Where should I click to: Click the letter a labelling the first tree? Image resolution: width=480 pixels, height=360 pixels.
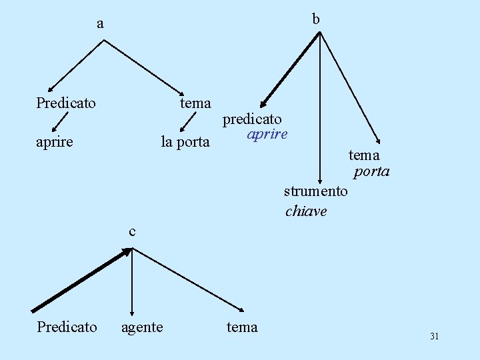(100, 25)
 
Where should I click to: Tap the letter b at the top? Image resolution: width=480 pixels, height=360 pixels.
(316, 19)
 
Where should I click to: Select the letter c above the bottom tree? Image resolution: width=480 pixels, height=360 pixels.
(132, 231)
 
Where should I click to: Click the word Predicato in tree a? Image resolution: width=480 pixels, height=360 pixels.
(66, 103)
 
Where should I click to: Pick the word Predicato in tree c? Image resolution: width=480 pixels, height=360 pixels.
(67, 327)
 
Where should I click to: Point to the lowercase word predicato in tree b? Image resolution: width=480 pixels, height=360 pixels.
(252, 119)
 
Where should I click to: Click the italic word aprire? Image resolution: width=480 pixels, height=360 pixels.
(267, 134)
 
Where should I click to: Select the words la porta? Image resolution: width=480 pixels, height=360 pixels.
(185, 142)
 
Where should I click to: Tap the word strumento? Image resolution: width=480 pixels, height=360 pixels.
(315, 191)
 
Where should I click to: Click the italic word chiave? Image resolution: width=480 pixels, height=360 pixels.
(306, 211)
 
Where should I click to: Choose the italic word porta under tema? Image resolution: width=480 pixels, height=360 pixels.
(371, 171)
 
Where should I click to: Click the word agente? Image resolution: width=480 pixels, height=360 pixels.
(141, 327)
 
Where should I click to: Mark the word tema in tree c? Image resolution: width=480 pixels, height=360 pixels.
(242, 327)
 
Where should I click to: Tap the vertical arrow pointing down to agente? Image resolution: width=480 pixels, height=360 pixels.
(133, 280)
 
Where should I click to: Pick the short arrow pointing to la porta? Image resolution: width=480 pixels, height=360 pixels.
(188, 122)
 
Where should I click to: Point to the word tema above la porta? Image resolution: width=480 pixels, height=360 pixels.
(195, 103)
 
